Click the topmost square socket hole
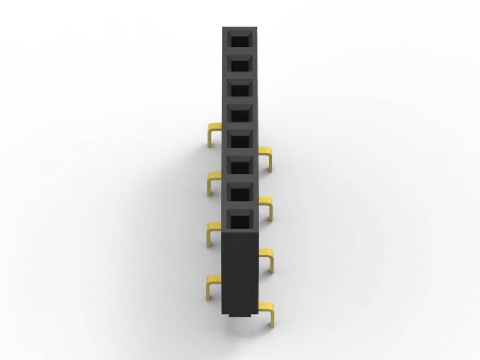click(x=241, y=41)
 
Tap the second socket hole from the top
click(x=241, y=66)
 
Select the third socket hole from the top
click(x=241, y=91)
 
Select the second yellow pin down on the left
click(x=213, y=182)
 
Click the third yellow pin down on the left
click(x=213, y=233)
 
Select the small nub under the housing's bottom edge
click(x=241, y=316)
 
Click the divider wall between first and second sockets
click(x=241, y=53)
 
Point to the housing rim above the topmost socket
click(x=241, y=29)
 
